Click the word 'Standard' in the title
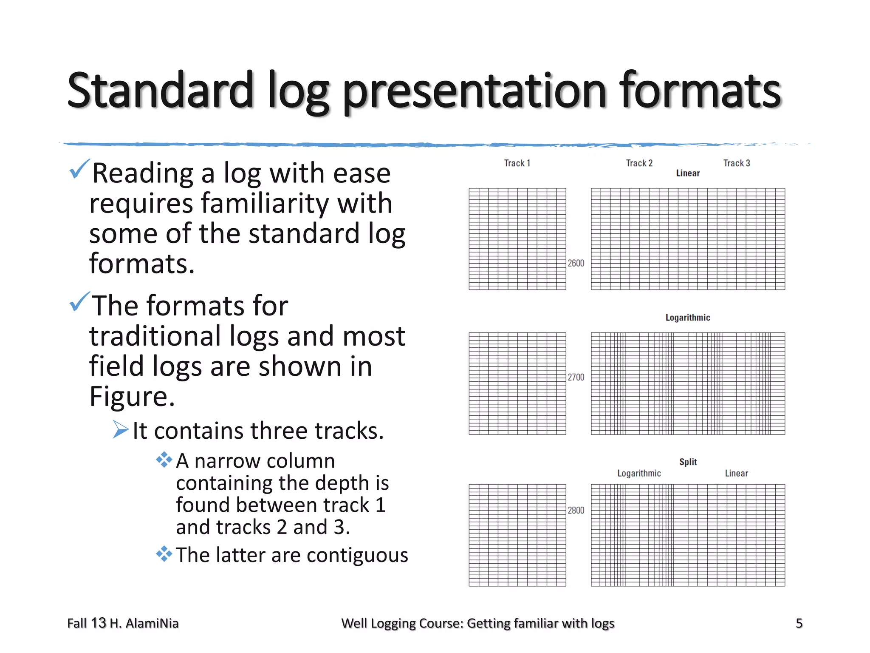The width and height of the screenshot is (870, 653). tap(160, 90)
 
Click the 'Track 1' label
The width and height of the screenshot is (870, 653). tap(517, 163)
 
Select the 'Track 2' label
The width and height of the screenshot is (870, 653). tap(639, 163)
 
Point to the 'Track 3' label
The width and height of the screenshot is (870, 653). tap(737, 163)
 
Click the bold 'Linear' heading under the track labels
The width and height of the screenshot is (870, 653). tap(688, 173)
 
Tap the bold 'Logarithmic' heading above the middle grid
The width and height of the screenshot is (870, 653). tap(688, 318)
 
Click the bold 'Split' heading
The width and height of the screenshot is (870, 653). tap(688, 462)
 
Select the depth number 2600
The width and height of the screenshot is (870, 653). tap(576, 263)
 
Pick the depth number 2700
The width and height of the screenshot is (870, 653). tap(576, 377)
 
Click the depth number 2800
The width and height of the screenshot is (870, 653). tap(576, 510)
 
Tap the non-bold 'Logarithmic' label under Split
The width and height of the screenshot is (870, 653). tap(639, 473)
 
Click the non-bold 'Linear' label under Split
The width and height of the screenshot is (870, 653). tap(736, 473)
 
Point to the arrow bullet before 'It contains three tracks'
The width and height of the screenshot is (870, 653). tap(121, 429)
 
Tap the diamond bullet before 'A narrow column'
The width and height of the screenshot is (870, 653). tap(164, 460)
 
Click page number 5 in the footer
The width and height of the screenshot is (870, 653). tap(799, 623)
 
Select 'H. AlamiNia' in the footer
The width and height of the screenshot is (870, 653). tap(144, 623)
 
